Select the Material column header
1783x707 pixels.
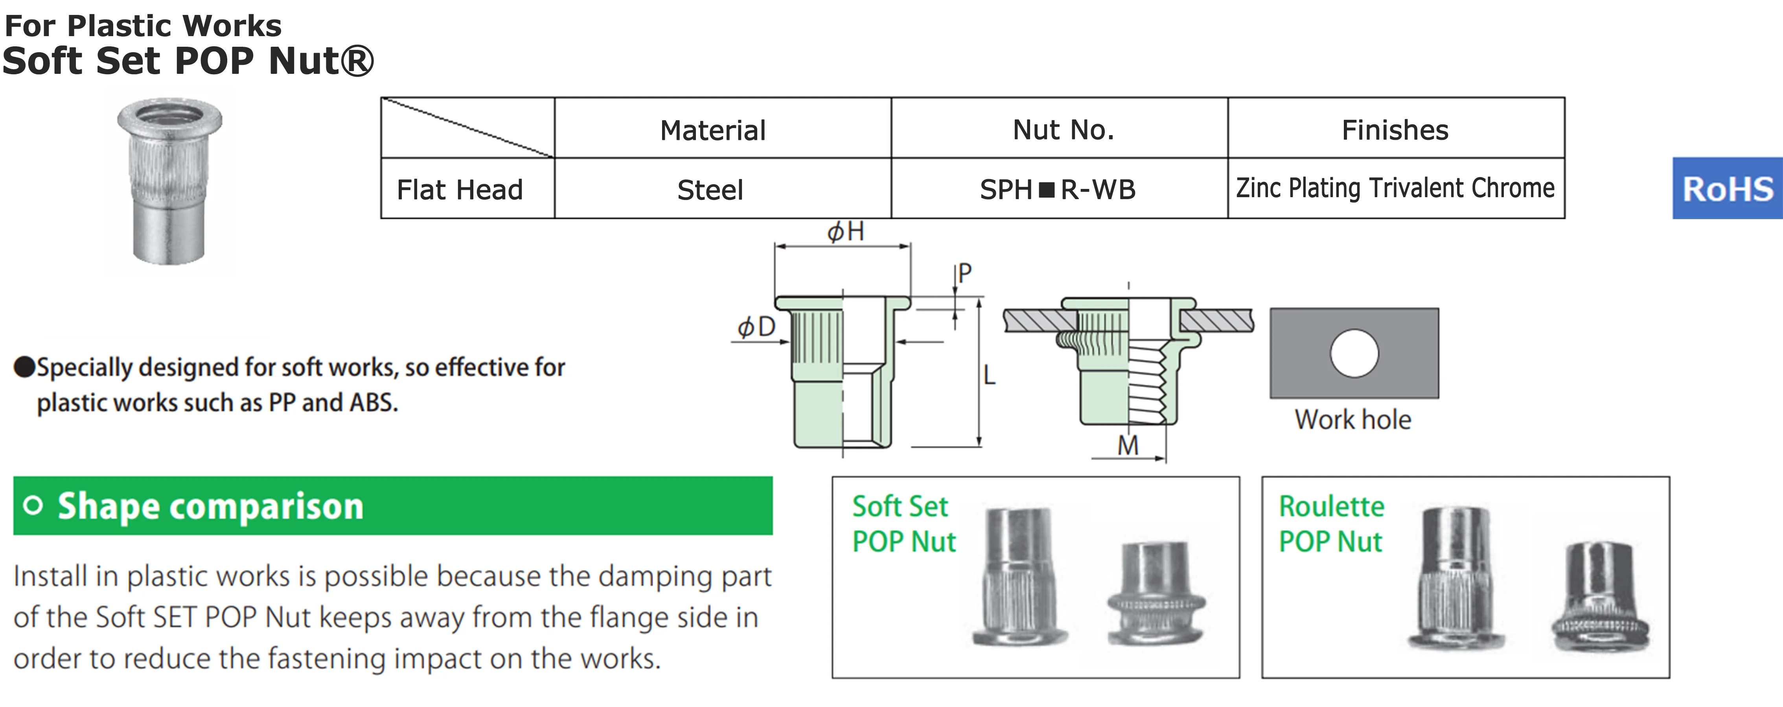(712, 130)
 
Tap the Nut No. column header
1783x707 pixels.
(1063, 130)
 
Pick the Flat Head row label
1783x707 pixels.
(460, 190)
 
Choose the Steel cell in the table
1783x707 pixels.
(710, 190)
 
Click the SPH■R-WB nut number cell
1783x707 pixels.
(1058, 190)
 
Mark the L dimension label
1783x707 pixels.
(990, 375)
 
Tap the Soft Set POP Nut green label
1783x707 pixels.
(903, 524)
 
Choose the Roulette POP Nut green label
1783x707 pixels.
(1331, 524)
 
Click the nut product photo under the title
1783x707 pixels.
(169, 181)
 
